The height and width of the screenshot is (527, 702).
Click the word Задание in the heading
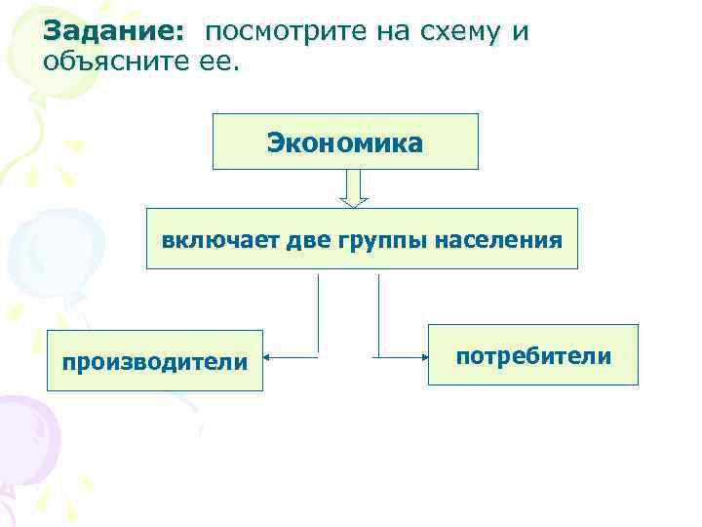112,32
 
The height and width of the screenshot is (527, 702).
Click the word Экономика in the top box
345,143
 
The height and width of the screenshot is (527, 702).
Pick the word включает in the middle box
220,238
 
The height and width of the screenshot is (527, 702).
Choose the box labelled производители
155,360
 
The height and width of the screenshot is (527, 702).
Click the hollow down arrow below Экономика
354,189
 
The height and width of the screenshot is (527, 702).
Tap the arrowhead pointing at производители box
269,356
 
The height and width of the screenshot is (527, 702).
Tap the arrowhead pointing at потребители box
422,356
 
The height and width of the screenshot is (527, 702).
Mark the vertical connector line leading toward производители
319,312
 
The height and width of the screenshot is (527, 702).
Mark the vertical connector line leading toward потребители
378,312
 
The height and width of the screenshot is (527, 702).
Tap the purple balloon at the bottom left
24,429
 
